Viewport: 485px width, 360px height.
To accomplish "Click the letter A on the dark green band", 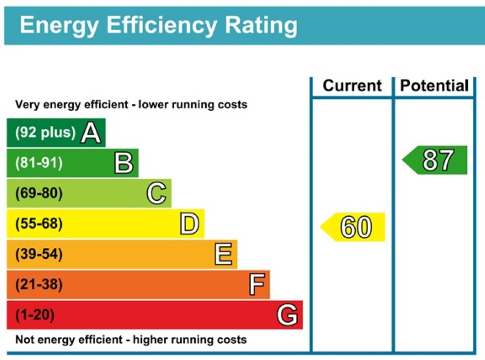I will [91, 133].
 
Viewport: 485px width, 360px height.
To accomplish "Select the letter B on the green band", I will [124, 163].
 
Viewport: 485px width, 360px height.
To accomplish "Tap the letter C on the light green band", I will [157, 194].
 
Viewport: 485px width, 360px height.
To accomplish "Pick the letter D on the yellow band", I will [189, 224].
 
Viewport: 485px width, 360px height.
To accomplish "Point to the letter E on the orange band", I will [223, 254].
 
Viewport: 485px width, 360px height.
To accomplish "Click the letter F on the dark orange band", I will [256, 285].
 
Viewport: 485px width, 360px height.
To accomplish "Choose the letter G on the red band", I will [287, 315].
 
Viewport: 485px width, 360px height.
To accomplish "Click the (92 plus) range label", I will [45, 132].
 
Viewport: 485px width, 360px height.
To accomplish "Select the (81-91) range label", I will [39, 163].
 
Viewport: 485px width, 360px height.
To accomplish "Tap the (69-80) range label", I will [39, 194].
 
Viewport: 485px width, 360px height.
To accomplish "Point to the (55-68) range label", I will [39, 224].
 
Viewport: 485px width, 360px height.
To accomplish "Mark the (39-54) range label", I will [39, 254].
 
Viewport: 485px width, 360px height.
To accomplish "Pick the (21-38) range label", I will [39, 284].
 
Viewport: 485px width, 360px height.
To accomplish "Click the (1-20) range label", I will [34, 315].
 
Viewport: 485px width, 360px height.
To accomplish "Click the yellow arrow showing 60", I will [354, 227].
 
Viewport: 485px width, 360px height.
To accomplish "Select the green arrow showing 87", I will [436, 160].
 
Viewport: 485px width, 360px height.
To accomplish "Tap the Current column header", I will [352, 86].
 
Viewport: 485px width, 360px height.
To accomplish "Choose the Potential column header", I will [435, 86].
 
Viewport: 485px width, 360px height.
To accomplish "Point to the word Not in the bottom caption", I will [24, 340].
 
